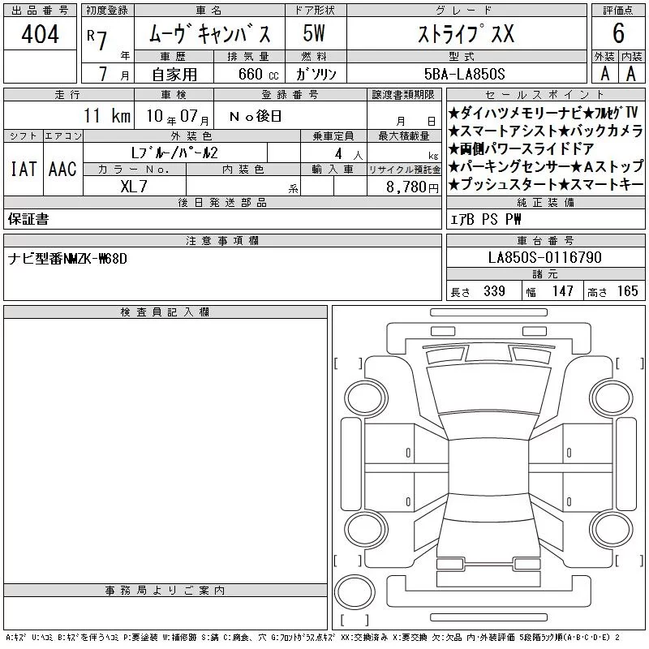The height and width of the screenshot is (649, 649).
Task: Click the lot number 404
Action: [40, 33]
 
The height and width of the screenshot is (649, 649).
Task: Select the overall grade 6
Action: [618, 33]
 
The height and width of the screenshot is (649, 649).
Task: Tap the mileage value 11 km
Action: [107, 115]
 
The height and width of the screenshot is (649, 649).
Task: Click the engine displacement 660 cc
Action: [258, 75]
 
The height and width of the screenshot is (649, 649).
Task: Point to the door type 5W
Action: [314, 33]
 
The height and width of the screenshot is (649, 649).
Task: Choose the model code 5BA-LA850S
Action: [464, 74]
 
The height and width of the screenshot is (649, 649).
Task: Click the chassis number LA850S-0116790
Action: [544, 257]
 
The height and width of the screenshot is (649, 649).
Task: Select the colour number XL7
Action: [134, 187]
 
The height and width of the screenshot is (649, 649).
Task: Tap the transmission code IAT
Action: [24, 170]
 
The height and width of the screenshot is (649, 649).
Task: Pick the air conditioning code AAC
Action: [62, 170]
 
